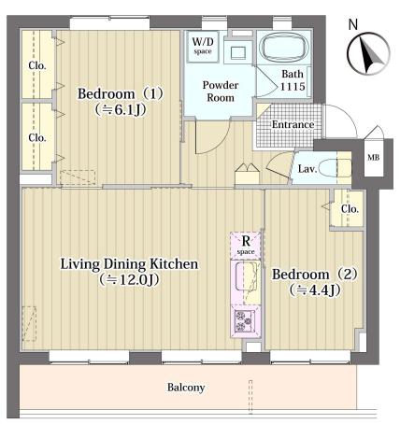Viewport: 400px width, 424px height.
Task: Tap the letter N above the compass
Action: (353, 24)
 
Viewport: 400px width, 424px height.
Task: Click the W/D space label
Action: (203, 46)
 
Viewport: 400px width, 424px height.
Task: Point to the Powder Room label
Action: (221, 92)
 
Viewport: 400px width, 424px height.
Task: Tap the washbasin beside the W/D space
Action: (237, 53)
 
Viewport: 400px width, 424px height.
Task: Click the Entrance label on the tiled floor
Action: (293, 124)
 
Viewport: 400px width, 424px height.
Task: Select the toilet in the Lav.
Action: (336, 168)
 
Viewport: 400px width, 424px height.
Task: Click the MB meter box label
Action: (373, 158)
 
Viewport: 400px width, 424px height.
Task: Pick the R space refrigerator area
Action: (246, 246)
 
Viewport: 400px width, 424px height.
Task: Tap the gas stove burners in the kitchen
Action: (244, 321)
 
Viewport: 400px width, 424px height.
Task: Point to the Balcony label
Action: (186, 388)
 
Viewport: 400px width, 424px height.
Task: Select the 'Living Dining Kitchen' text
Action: (129, 264)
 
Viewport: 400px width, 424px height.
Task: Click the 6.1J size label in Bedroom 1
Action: (121, 110)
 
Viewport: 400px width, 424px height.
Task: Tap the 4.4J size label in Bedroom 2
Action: (314, 290)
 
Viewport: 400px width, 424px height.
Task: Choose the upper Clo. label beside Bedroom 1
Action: (37, 65)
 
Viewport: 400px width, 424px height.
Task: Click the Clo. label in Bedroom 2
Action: (350, 209)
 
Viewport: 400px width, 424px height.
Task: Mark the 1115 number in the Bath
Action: (293, 86)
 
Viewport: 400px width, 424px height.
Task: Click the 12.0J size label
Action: (129, 280)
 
